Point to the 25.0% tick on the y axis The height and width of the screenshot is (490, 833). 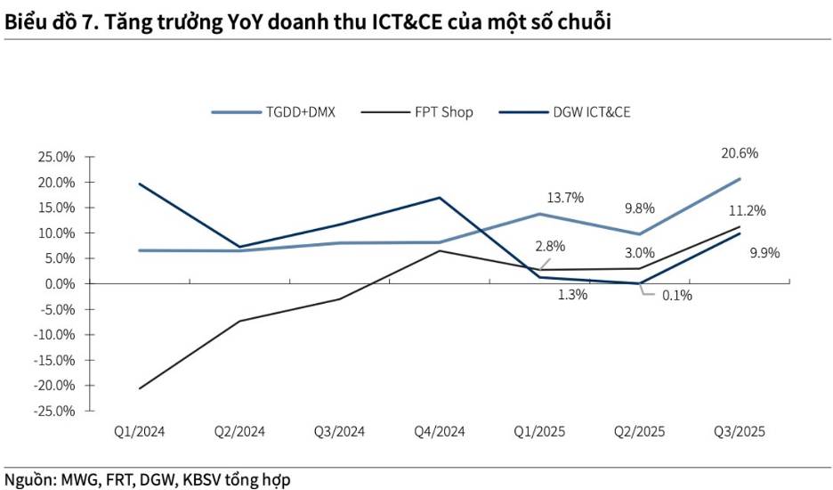[x=56, y=157]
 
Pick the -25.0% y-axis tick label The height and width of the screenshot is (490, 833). [x=54, y=412]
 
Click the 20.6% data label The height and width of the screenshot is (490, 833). [x=740, y=153]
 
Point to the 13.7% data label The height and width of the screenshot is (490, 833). [x=565, y=198]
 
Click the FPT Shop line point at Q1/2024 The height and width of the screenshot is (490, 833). [x=139, y=388]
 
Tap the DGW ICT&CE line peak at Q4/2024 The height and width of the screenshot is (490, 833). [x=440, y=198]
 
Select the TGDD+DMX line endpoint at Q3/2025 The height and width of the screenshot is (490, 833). [x=740, y=179]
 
